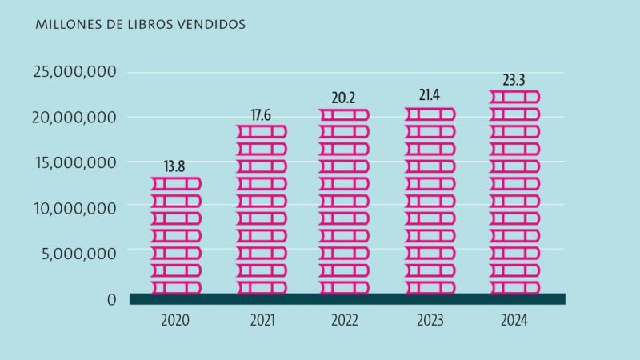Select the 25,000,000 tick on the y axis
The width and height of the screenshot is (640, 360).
(x=75, y=72)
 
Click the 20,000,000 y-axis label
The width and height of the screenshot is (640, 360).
(x=75, y=118)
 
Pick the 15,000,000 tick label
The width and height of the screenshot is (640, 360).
(x=75, y=162)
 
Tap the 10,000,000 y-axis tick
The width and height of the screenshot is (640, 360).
(x=75, y=208)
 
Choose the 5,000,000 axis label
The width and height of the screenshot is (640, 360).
(x=79, y=254)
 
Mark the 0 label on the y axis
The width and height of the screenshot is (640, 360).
(x=111, y=299)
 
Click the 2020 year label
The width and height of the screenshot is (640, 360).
(x=174, y=321)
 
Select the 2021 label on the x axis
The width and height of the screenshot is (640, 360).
(x=262, y=321)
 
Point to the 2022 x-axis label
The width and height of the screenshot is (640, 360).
(x=345, y=321)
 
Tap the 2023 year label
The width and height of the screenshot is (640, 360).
(x=430, y=321)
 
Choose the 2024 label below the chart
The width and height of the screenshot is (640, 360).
(x=514, y=321)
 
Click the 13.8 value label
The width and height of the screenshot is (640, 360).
(x=176, y=166)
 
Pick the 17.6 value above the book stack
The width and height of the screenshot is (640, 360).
(x=261, y=114)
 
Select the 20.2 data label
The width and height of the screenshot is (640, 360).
(x=344, y=98)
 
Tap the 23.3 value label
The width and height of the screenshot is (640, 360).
(x=514, y=80)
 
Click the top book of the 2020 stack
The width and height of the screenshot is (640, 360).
(x=176, y=183)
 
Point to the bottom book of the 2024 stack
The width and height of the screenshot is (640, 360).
(x=514, y=287)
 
